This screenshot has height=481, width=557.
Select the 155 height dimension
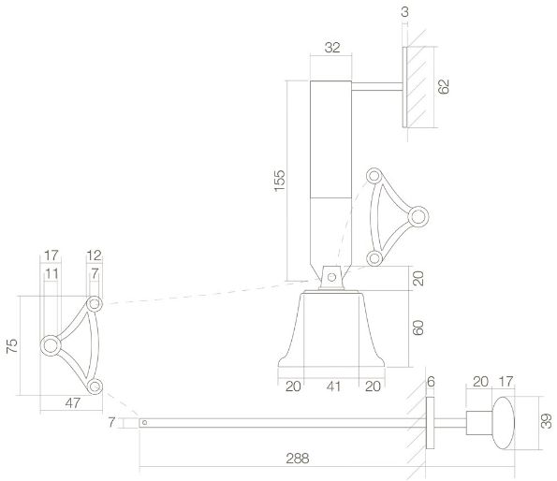[280, 180]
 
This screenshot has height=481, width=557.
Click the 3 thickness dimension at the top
[403, 11]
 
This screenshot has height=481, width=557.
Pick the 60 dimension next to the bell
[420, 329]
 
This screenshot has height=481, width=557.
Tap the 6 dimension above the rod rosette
[431, 383]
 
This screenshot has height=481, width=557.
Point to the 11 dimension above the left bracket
[51, 272]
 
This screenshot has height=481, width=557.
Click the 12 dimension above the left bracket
[94, 255]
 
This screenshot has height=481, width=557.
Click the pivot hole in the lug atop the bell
[330, 275]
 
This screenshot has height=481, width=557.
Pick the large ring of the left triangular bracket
[51, 346]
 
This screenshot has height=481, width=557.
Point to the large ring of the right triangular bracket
[418, 215]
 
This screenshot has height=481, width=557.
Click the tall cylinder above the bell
[331, 178]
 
